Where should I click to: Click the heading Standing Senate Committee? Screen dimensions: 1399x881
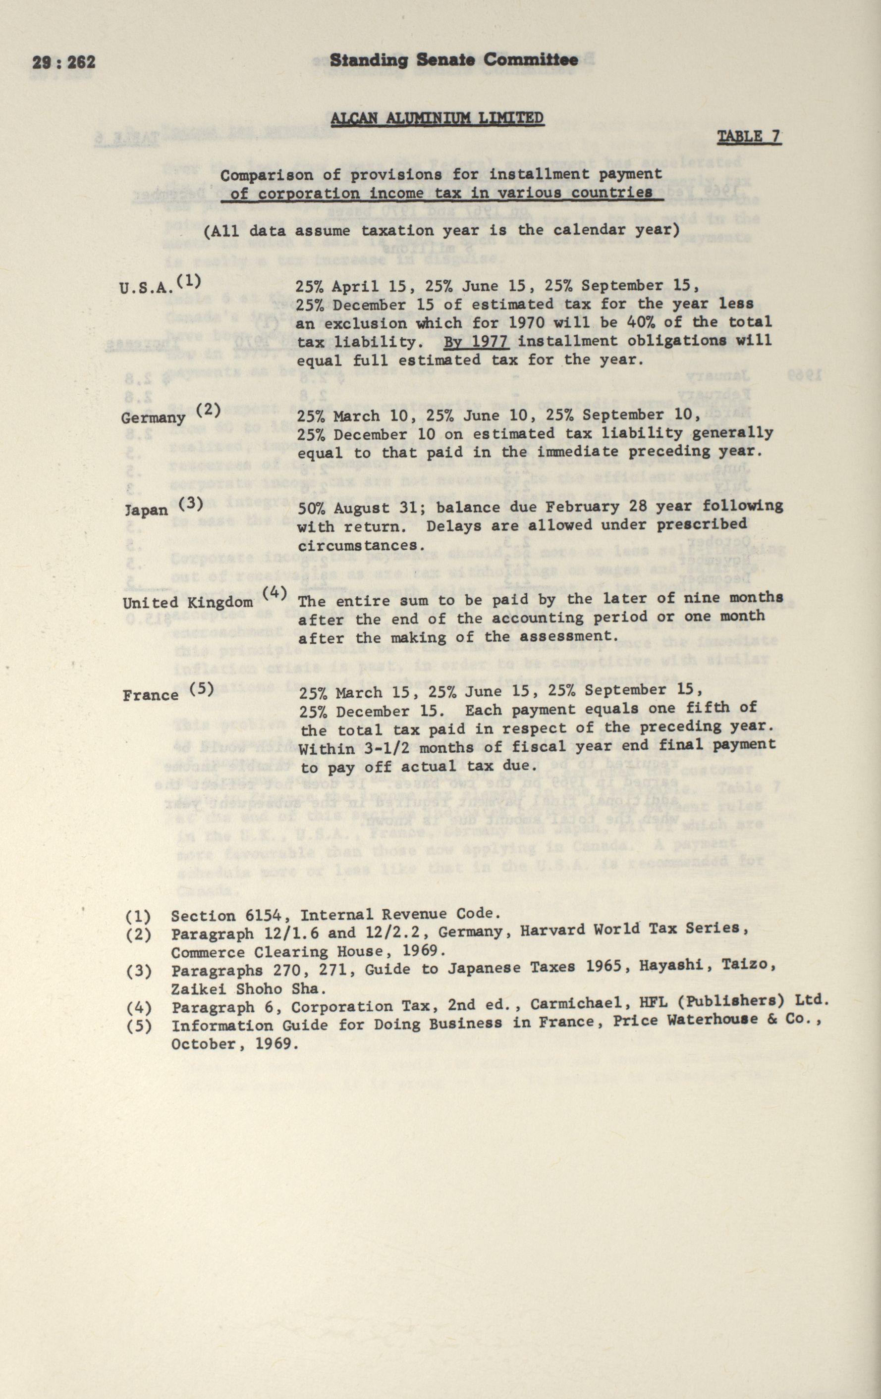(454, 60)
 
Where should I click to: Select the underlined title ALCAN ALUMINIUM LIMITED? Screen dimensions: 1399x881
(437, 118)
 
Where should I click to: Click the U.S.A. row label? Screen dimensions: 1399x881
(147, 288)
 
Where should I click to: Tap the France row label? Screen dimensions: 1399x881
(151, 695)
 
